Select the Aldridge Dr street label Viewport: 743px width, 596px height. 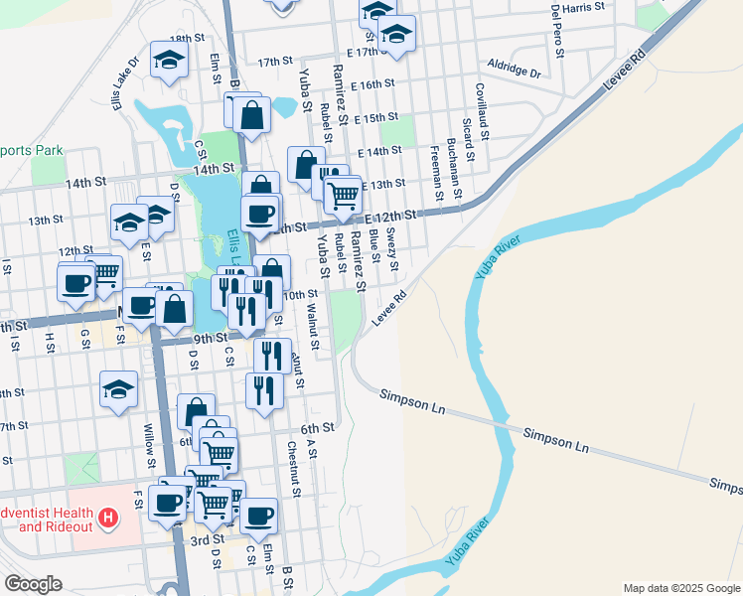[x=514, y=72]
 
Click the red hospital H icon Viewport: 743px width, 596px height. [x=108, y=518]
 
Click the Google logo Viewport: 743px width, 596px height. [x=33, y=584]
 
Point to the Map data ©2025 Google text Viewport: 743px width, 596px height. [x=680, y=588]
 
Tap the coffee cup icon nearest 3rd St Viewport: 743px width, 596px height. [x=259, y=515]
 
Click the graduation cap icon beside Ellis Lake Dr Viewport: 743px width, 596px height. [x=169, y=61]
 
